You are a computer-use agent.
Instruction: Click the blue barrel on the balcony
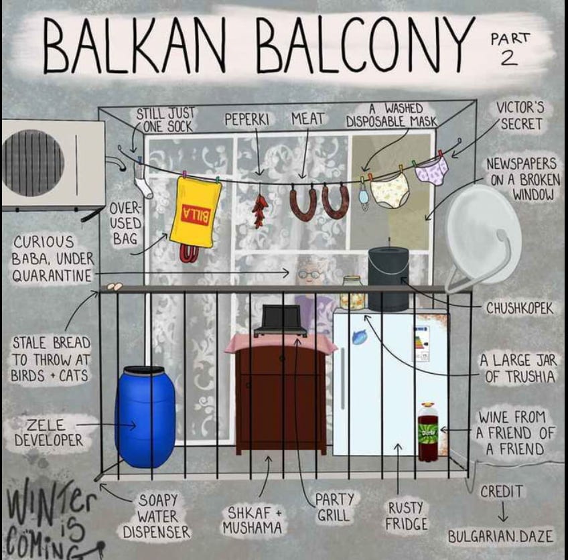pos(145,416)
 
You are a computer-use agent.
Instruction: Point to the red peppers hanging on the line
pos(259,210)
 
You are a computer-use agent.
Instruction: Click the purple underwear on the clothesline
pos(432,169)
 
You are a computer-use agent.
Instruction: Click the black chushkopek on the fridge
pos(388,278)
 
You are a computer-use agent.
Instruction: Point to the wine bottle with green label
pos(428,433)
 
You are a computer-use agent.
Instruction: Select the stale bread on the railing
pos(115,286)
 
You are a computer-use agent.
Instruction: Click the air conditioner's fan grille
pos(33,163)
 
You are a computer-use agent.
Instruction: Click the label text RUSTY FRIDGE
pos(407,516)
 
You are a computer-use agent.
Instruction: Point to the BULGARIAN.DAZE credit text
pos(502,536)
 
